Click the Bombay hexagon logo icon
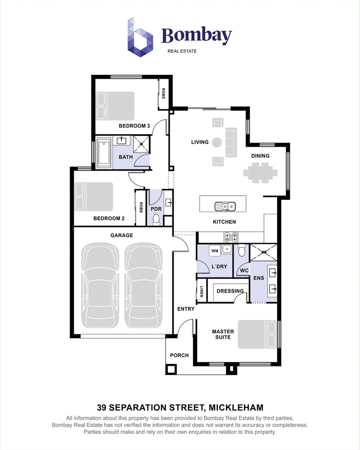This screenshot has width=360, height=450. pos(140,37)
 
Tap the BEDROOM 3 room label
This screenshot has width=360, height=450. pos(135,126)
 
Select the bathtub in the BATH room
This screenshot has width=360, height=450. pos(103,153)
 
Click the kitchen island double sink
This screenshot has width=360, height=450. pos(225,206)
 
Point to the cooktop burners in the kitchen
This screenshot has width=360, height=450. pos(231,237)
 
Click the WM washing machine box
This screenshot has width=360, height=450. pos(215,250)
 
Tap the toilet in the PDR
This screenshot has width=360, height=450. pos(157,220)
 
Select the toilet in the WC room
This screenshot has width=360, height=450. pos(242,250)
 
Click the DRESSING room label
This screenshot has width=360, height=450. pos(230,291)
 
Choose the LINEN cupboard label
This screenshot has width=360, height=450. pos(202,292)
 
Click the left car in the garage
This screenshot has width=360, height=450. pos(100,285)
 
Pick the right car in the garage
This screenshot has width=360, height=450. pos(143,285)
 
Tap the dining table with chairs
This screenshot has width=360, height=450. pos(261,173)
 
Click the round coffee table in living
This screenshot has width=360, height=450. pos(217,142)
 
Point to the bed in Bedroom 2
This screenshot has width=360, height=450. pos(94,197)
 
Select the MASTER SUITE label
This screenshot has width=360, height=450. pos(223,334)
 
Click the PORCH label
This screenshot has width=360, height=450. pos(180,355)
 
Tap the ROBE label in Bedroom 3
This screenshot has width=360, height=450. pos(163,94)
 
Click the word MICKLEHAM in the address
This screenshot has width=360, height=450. pos(236,408)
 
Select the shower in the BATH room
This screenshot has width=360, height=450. pos(142,144)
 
